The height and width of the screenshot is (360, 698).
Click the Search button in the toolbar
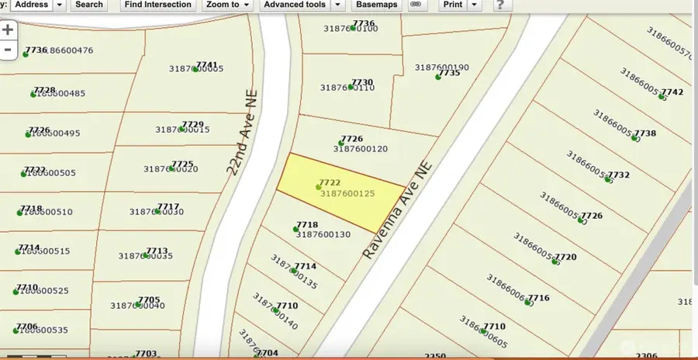[88, 5]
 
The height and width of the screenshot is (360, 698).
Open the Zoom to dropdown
[227, 5]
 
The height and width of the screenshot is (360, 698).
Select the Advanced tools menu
[303, 5]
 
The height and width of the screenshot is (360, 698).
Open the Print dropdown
[459, 5]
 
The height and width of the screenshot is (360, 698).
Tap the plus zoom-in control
[8, 30]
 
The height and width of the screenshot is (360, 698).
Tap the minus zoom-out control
[8, 50]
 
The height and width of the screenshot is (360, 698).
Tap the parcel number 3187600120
[360, 148]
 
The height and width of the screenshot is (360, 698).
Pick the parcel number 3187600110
[347, 88]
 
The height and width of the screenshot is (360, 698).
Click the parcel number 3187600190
[442, 67]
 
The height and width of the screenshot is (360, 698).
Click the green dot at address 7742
[665, 98]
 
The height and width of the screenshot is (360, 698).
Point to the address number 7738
[645, 133]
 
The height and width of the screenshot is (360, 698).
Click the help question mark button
[502, 5]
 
